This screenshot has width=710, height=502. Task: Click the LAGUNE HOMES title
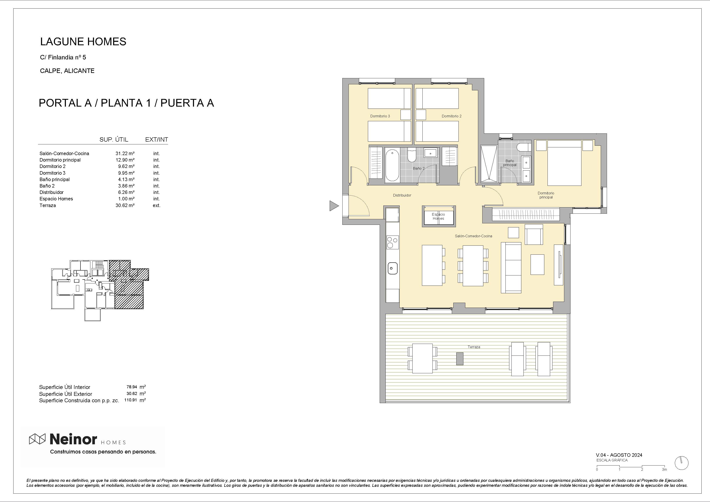[x=83, y=41]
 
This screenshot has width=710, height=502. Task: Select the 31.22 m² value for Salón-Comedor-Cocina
[x=125, y=153]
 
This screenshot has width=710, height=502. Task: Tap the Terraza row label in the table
[x=48, y=205]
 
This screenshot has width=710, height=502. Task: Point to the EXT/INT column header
[x=156, y=139]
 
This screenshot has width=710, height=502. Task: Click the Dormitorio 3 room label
[x=380, y=116]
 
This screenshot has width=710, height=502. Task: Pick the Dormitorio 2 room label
[x=452, y=116]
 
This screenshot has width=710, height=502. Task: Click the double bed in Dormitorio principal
[x=564, y=163]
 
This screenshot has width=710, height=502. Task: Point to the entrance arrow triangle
[x=334, y=206]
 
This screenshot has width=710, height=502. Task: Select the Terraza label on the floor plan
[x=474, y=347]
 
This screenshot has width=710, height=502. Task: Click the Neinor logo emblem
[x=37, y=439]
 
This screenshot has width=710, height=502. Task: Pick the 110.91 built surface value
[x=130, y=400]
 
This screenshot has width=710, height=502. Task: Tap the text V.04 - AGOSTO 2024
[x=619, y=455]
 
